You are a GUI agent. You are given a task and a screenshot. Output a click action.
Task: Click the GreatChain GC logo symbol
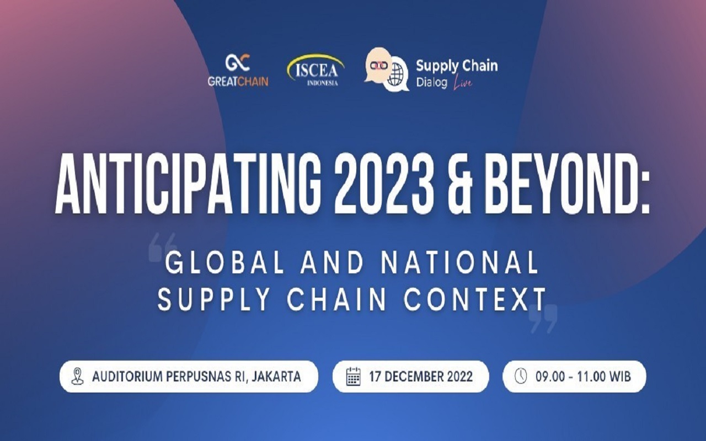238,62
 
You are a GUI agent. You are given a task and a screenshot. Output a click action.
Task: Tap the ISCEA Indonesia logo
315,70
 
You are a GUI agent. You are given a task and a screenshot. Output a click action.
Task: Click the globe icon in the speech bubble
395,76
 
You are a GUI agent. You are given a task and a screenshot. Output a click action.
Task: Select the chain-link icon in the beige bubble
379,65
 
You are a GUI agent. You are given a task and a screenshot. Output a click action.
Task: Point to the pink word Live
463,83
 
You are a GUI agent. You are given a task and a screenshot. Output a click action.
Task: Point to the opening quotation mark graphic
163,248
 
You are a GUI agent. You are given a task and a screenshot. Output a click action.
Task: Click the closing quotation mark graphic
543,319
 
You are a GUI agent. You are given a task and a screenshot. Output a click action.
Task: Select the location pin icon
78,377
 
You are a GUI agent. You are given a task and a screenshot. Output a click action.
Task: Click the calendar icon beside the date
354,377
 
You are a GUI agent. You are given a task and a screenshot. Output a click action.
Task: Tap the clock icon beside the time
521,377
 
